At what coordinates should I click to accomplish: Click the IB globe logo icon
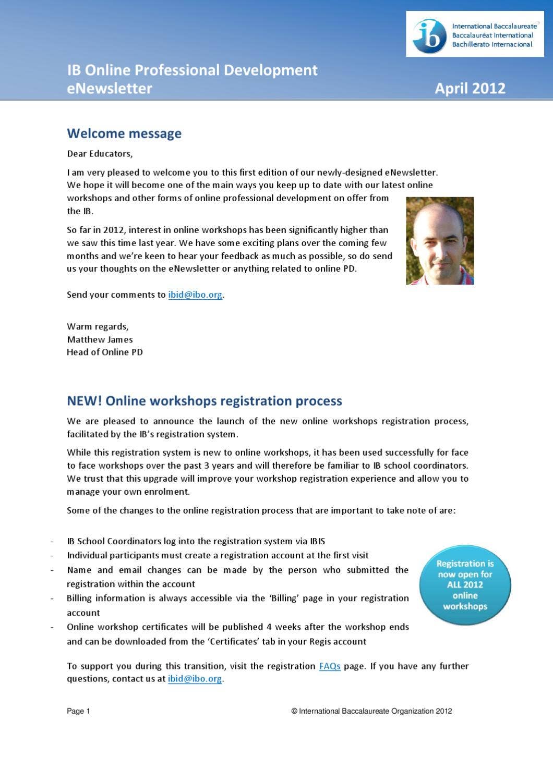click(430, 36)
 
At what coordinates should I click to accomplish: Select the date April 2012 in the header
click(470, 88)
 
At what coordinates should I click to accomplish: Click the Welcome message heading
click(124, 133)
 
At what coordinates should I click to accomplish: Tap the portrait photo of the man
click(440, 241)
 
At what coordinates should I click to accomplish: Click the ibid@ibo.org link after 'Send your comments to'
click(195, 295)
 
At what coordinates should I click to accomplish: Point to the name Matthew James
click(100, 339)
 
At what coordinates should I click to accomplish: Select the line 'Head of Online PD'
click(104, 352)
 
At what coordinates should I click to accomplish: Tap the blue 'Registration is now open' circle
click(465, 585)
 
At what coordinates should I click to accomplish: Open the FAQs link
click(330, 666)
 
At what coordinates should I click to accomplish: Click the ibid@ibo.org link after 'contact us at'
click(195, 679)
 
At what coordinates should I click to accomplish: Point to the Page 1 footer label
click(78, 711)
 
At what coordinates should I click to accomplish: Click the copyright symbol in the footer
click(294, 711)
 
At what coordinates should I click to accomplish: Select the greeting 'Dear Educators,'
click(100, 154)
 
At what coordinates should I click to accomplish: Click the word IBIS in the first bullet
click(317, 541)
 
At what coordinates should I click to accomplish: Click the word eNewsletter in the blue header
click(110, 88)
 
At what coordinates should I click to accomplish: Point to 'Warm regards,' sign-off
click(98, 326)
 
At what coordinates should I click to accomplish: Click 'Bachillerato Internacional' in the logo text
click(492, 44)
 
